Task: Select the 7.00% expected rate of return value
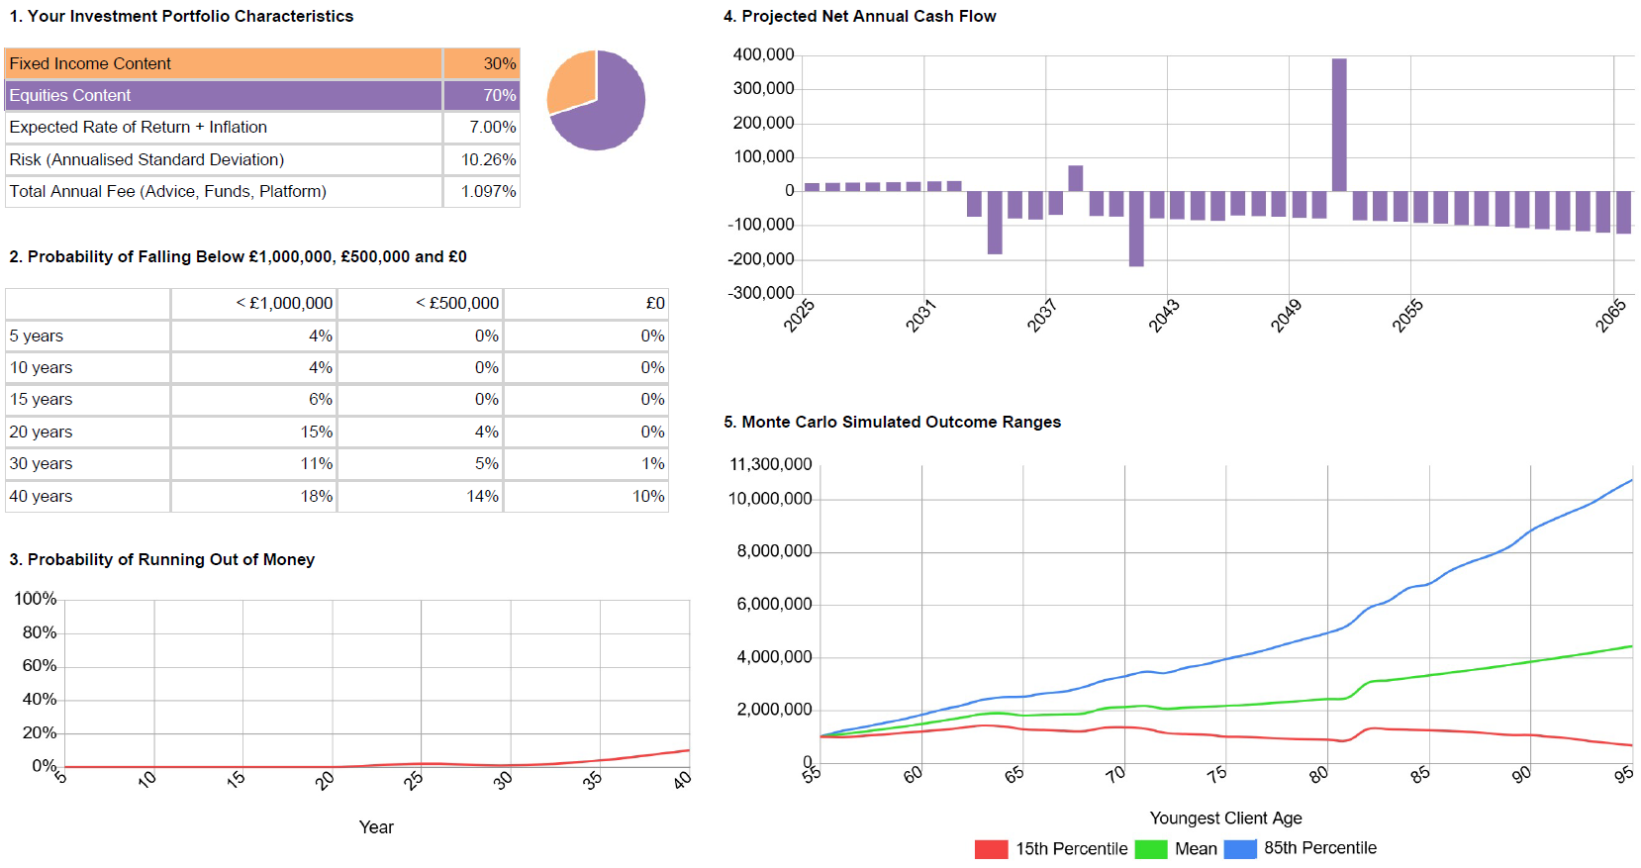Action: coord(492,128)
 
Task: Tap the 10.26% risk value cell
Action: coord(488,159)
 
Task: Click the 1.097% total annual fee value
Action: coord(488,191)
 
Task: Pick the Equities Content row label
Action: coord(70,95)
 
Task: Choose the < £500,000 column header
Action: coord(456,303)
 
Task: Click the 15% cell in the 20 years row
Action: coord(317,432)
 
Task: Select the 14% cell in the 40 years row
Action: coord(482,496)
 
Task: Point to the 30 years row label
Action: coord(41,463)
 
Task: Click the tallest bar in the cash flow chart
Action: coord(1339,125)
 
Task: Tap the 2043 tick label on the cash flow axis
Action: coord(1163,316)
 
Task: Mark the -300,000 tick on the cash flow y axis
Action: coord(761,293)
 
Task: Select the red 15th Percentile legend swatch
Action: coord(991,849)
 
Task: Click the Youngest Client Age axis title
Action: coord(1225,819)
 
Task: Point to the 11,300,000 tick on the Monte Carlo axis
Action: coord(770,464)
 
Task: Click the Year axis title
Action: coord(376,827)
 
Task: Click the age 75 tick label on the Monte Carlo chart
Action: coord(1217,774)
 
